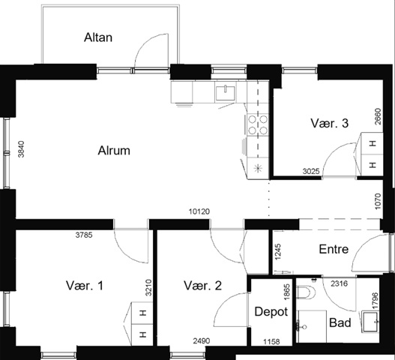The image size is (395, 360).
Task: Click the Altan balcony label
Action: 98,37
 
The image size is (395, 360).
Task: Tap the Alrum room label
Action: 114,151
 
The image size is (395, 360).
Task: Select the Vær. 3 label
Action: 330,123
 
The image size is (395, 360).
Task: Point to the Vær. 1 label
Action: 85,286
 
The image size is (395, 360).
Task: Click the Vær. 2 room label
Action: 202,286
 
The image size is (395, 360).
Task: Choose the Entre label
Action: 334,249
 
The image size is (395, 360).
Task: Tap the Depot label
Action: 271,312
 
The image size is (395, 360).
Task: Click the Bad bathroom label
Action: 340,322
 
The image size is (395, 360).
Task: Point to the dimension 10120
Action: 199,211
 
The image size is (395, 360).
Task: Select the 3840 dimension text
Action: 22,149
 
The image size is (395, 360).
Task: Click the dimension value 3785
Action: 84,235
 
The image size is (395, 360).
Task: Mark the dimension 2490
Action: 202,341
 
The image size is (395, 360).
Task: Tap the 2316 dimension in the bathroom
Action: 339,283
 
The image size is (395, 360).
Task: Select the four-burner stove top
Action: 258,124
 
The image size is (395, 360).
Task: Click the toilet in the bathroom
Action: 305,292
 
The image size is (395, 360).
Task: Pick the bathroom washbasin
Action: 370,322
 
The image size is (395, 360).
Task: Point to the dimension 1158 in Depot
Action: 271,342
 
